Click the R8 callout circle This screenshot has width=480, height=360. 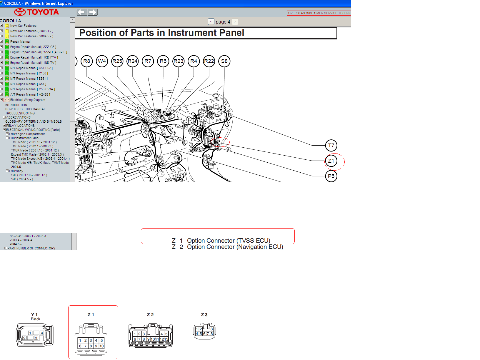[87, 61]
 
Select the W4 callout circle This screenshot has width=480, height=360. [102, 61]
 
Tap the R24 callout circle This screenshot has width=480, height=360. [133, 61]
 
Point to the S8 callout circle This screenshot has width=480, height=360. [224, 61]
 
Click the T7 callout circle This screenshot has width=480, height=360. [331, 146]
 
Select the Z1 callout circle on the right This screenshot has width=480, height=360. [331, 161]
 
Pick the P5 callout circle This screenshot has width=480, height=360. [331, 176]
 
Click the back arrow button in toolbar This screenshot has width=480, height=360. [82, 12]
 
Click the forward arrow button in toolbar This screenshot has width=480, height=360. [93, 12]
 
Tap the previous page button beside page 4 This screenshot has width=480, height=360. [211, 22]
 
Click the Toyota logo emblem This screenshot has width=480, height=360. [20, 12]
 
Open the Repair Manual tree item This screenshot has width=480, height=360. [20, 41]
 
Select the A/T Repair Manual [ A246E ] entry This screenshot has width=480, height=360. [30, 94]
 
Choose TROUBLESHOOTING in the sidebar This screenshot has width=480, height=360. [20, 113]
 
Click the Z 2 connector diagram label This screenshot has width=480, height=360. [150, 315]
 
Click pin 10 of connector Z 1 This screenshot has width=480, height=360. [101, 346]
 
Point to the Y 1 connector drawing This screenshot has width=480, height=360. [35, 335]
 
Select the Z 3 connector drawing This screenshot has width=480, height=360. [204, 331]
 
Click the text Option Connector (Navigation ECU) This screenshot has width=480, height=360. [235, 247]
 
